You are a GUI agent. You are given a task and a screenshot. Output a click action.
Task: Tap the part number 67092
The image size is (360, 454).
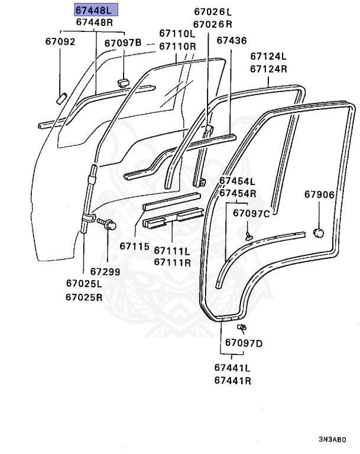60,42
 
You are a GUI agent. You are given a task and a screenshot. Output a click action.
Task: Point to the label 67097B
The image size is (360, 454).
123,43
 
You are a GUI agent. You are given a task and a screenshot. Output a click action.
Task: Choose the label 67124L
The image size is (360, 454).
268,57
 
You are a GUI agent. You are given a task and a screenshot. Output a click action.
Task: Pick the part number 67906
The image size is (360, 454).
319,194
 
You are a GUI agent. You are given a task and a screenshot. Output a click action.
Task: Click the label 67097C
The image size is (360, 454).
251,213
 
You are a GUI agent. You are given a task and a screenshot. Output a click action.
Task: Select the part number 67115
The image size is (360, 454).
134,246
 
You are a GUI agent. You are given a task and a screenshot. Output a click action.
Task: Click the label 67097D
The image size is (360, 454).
244,343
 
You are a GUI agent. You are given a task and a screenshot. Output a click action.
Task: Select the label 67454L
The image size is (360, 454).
238,181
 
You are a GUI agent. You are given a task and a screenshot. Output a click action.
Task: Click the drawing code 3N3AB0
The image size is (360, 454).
332,440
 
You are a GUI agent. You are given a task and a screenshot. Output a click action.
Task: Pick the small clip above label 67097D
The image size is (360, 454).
241,327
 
